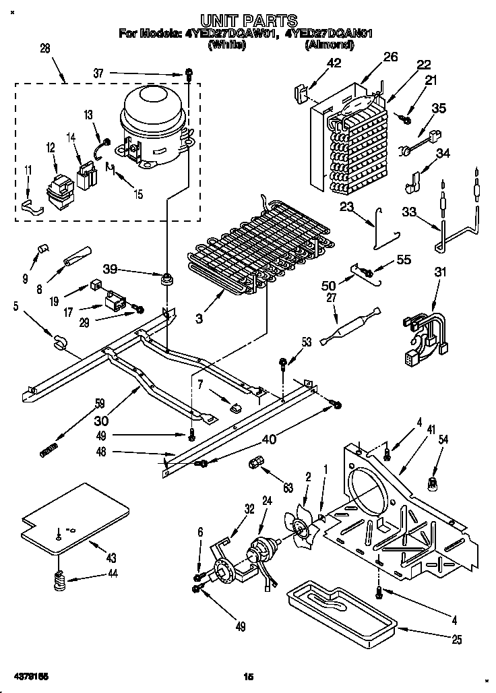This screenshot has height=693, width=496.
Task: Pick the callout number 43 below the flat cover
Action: [111, 558]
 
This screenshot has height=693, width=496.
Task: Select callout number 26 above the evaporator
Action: [391, 57]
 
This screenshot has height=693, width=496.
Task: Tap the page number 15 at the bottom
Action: [247, 676]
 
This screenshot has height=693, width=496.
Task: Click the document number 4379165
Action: [30, 675]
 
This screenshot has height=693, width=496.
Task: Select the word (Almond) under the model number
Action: [330, 44]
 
